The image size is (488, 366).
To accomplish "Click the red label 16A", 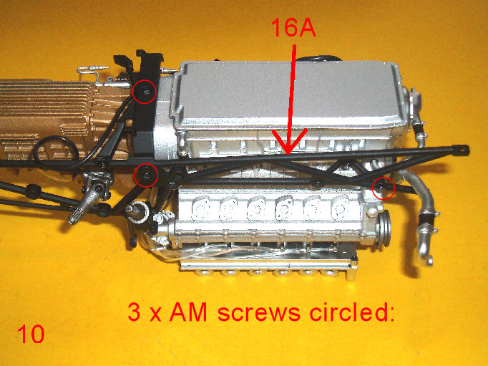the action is [293, 27].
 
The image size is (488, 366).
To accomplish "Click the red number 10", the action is [31, 334].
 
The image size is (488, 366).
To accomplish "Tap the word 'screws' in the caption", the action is [259, 312].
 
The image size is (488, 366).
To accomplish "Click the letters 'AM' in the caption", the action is [188, 312].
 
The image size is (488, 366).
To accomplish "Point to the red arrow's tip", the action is [288, 153].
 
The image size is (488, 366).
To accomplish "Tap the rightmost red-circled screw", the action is [382, 187].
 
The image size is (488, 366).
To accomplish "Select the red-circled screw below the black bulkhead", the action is [146, 175].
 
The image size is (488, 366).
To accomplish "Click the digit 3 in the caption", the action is [134, 312].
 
